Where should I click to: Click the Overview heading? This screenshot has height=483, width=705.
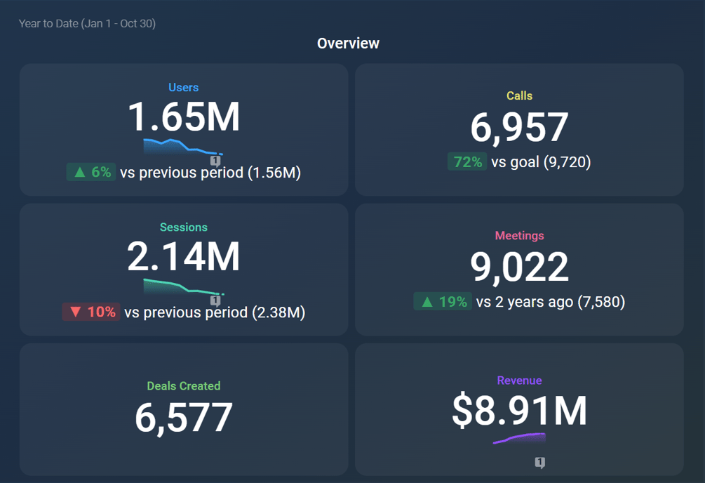click(348, 44)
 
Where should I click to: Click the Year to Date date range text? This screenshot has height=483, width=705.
click(87, 24)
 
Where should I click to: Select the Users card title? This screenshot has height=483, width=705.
click(183, 88)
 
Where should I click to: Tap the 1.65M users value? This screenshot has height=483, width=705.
click(183, 117)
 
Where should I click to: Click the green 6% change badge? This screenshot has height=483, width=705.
click(91, 172)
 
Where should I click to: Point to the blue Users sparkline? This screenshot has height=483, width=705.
click(179, 146)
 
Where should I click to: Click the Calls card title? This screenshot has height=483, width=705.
click(519, 96)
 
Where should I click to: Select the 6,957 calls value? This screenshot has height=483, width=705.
click(519, 128)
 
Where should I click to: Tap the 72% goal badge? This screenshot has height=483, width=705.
click(467, 162)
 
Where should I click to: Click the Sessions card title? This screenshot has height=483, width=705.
click(183, 227)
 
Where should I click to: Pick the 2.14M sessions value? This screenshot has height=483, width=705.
click(183, 257)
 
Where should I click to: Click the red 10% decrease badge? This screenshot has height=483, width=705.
click(91, 312)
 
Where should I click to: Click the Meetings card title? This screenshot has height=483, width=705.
click(519, 236)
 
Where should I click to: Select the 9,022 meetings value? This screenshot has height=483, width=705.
click(519, 267)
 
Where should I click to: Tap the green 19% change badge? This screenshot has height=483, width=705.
click(443, 302)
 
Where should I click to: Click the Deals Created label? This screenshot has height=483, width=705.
click(183, 386)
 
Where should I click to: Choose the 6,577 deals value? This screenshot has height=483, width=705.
click(183, 418)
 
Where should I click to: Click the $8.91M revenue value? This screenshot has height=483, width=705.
click(519, 411)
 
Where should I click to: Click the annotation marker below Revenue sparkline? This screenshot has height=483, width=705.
click(539, 463)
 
